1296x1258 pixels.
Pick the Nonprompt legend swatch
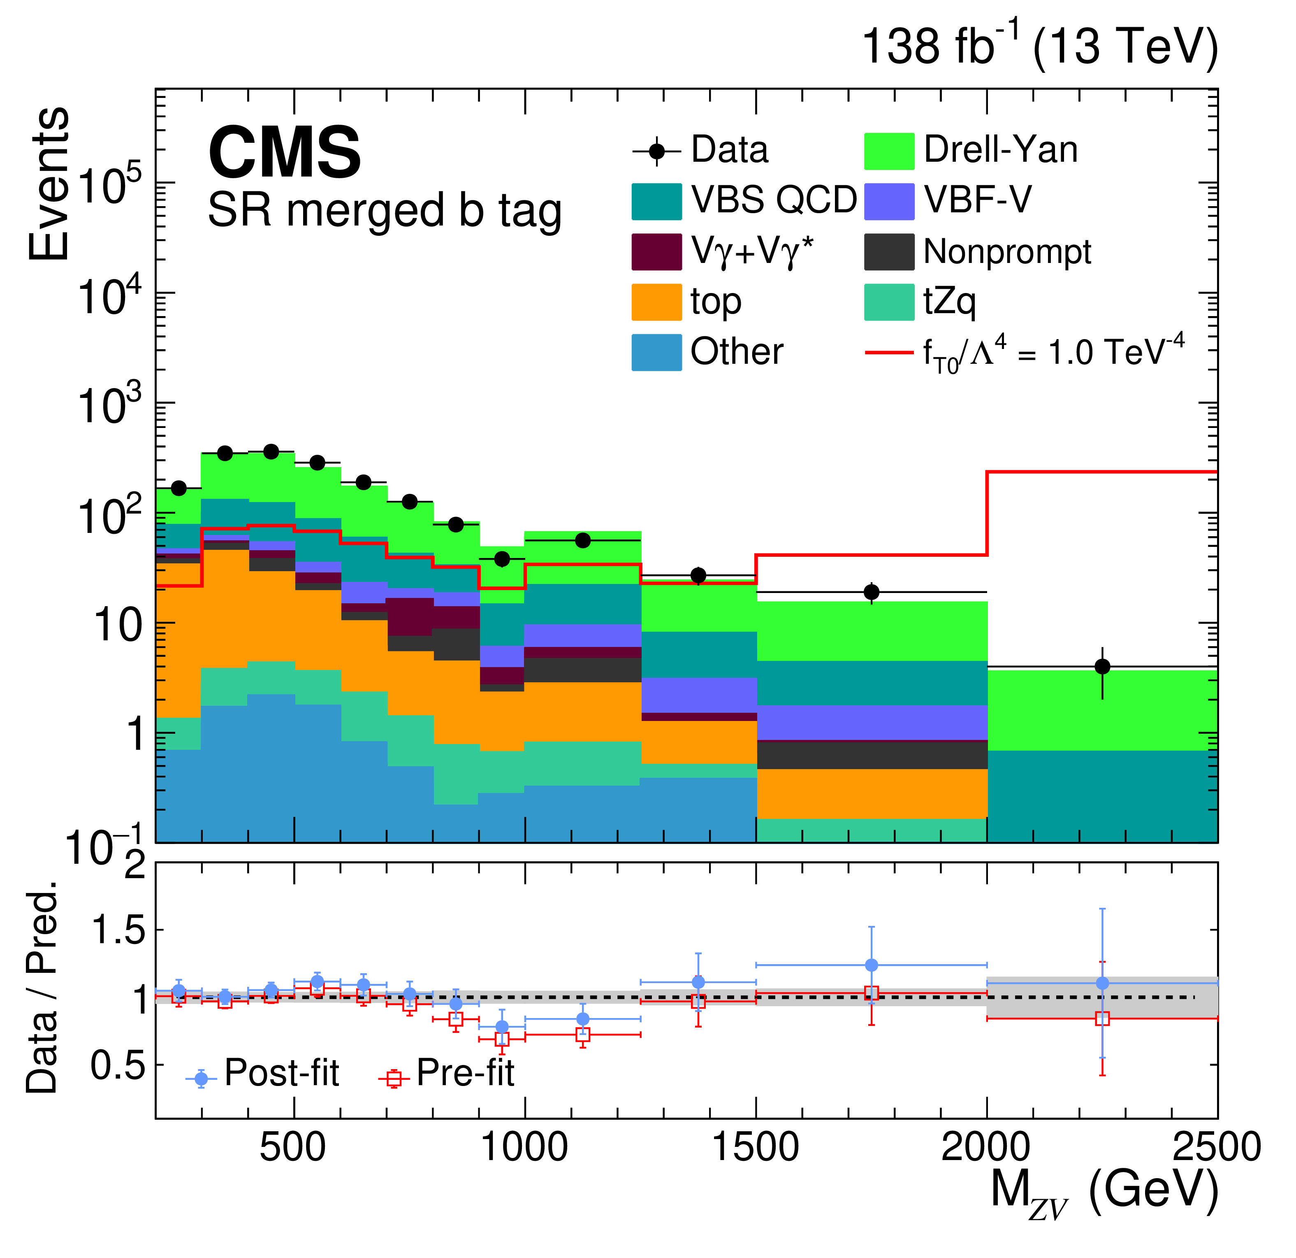tap(889, 252)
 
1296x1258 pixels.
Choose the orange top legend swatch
tap(656, 302)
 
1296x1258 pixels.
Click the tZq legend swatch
tap(889, 302)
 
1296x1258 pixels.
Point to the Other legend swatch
tap(656, 353)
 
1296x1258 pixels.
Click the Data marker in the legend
tap(656, 152)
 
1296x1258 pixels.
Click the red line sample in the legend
tap(889, 353)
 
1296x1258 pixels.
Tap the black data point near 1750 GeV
tap(872, 592)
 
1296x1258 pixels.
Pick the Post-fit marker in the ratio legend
tap(201, 1079)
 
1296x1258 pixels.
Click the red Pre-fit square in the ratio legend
tap(394, 1079)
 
